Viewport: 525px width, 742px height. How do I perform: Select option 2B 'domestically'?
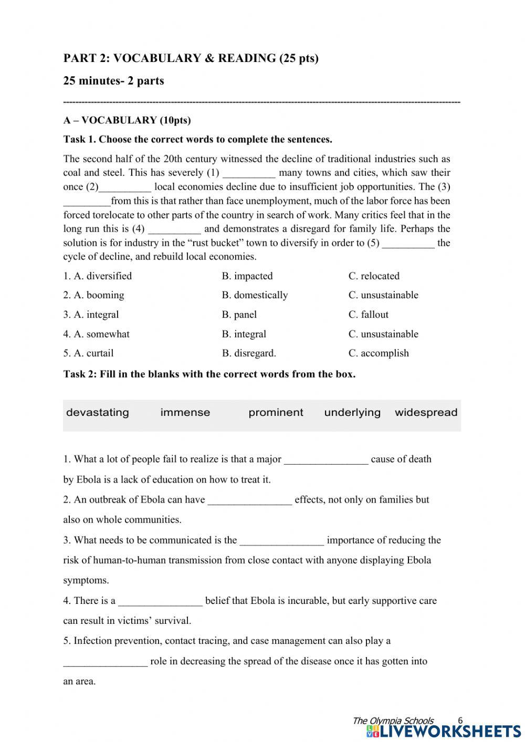coord(255,295)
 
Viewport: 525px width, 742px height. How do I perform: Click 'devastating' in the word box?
coord(98,412)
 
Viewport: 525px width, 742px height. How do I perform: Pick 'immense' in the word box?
coord(185,412)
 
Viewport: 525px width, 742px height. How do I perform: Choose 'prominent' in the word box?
coord(276,412)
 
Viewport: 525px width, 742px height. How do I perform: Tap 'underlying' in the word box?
coord(352,412)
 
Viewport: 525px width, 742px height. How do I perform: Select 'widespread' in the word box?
coord(426,412)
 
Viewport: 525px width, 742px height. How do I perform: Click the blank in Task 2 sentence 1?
coord(326,460)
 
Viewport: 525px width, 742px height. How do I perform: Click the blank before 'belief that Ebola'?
coord(160,601)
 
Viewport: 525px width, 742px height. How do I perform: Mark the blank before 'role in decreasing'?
coord(105,662)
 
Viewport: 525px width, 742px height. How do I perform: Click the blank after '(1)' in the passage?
coord(249,173)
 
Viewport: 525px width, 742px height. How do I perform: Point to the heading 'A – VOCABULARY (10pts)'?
coord(127,120)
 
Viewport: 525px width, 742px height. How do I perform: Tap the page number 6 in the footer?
coord(460,720)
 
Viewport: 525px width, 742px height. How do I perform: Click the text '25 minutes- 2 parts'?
coord(113,81)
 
